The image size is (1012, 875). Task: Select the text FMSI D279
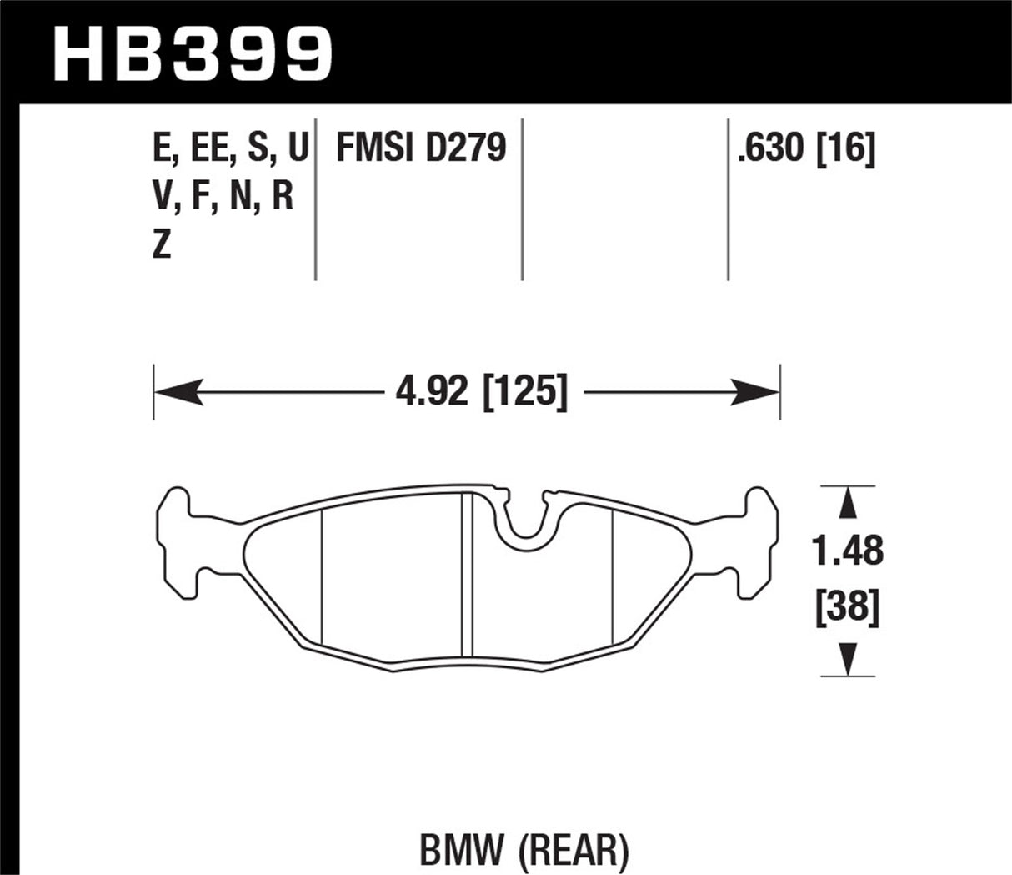[x=421, y=150]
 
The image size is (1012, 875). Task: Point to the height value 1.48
[x=848, y=551]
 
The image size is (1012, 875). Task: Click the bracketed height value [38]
[x=848, y=608]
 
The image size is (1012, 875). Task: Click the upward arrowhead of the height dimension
[x=848, y=503]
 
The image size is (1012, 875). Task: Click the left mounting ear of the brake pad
[x=179, y=542]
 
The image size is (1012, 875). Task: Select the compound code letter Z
[x=162, y=246]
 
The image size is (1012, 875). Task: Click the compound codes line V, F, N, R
[x=223, y=198]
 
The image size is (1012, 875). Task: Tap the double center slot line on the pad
[x=467, y=576]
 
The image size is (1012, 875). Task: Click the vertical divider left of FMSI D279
[x=316, y=200]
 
